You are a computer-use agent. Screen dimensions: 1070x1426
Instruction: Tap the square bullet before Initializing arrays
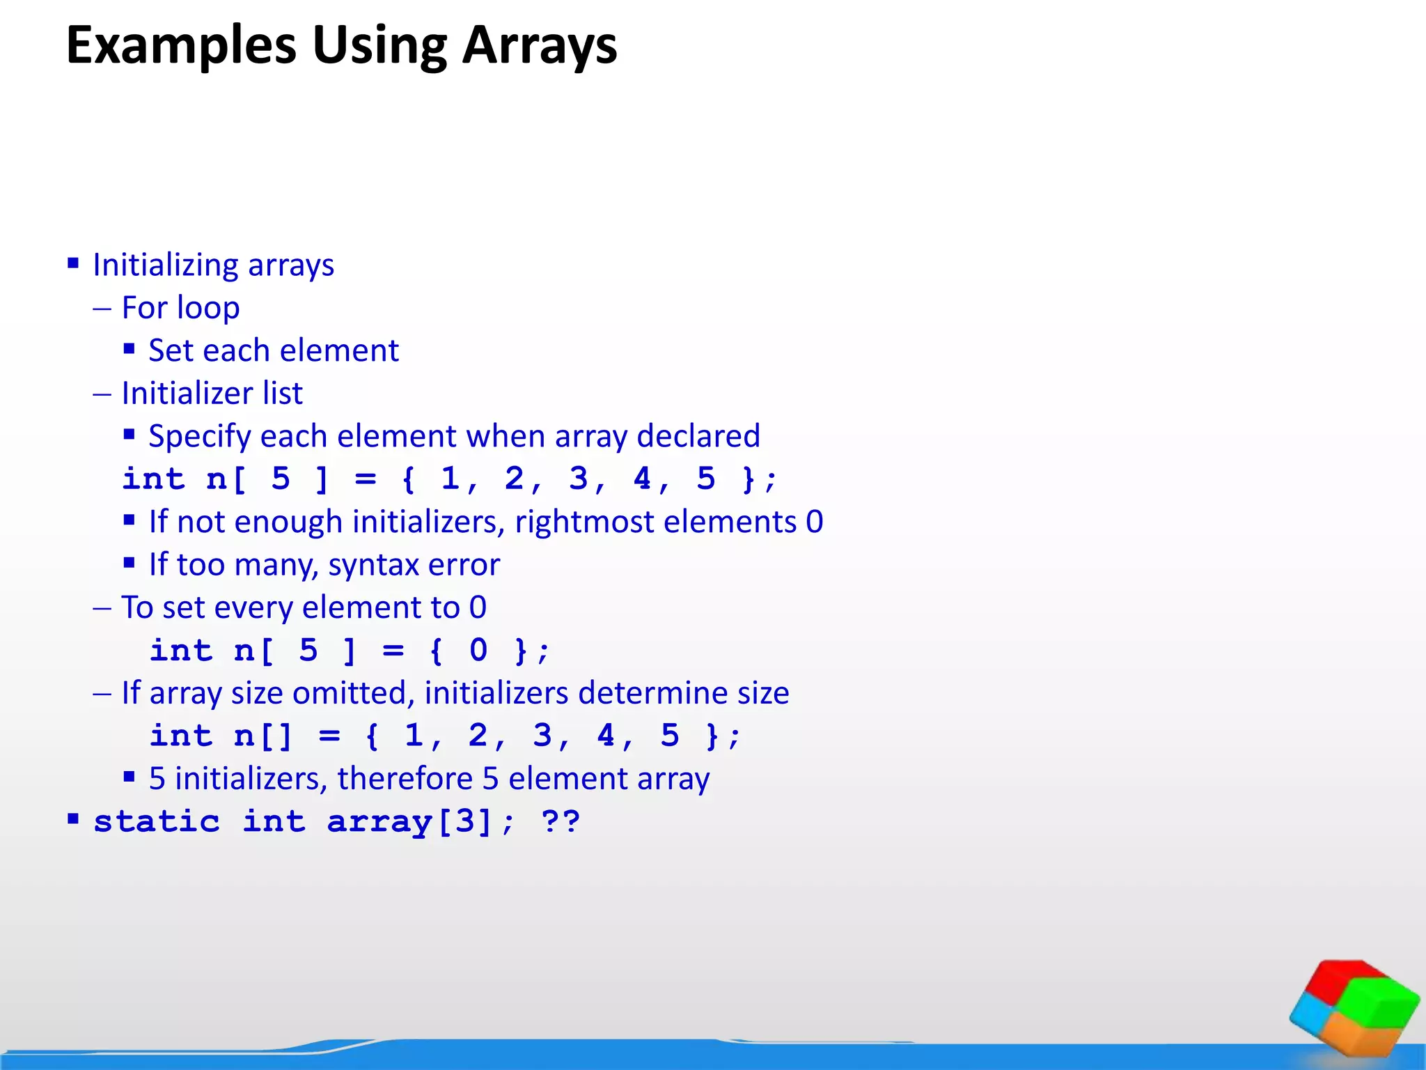tap(73, 263)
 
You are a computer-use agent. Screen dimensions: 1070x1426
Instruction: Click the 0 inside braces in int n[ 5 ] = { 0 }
tap(478, 651)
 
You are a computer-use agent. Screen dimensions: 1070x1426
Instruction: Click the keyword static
tap(157, 822)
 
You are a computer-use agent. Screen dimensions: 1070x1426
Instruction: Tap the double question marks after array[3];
tap(561, 822)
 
